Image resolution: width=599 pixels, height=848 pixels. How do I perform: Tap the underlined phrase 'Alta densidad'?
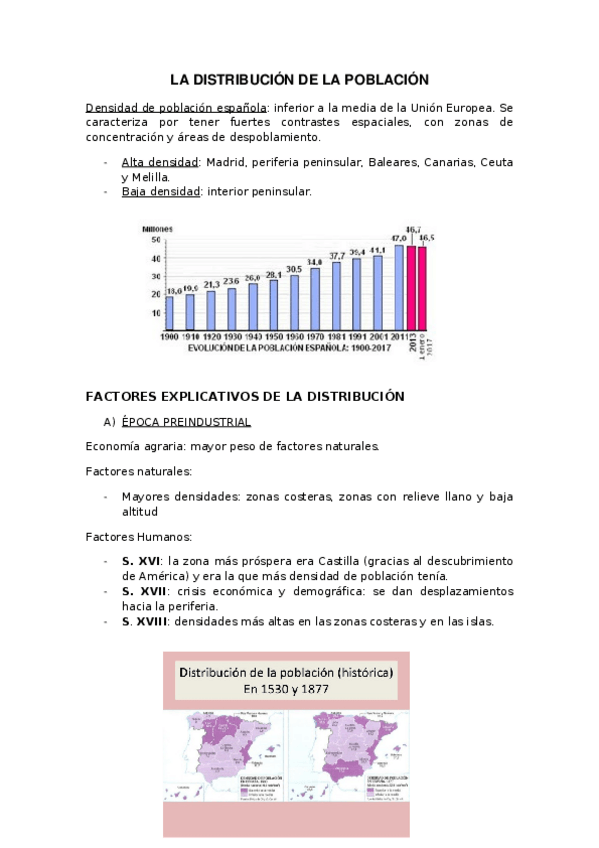(160, 162)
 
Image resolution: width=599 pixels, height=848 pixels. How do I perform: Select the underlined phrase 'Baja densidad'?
(160, 192)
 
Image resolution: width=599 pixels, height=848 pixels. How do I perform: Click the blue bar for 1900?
(170, 313)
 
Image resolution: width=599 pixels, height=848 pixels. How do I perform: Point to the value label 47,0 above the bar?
(398, 238)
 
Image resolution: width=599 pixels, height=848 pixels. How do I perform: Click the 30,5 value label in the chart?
(294, 269)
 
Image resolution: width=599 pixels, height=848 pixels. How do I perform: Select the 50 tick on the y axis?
(155, 240)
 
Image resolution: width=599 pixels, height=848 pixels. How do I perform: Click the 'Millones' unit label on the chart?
(158, 228)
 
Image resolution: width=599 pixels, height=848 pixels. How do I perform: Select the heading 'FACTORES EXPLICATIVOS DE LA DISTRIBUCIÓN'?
(245, 396)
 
